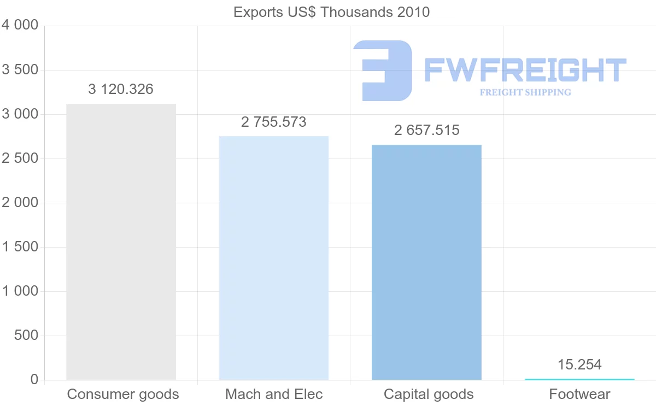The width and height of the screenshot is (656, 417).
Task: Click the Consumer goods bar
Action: [x=121, y=242]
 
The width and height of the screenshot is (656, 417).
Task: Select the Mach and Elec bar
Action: [x=273, y=258]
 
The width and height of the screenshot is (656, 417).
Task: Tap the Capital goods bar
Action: [x=426, y=262]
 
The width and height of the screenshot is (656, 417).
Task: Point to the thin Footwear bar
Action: [x=579, y=379]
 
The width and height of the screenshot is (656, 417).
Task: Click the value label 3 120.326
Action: [x=121, y=89]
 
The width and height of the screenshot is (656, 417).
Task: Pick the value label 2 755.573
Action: [x=274, y=122]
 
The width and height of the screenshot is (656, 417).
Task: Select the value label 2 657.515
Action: [x=427, y=131]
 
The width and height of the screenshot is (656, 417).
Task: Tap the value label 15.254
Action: [x=579, y=365]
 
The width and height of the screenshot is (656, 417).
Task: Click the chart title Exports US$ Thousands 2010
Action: [x=331, y=11]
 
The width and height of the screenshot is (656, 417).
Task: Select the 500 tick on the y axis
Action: [x=26, y=336]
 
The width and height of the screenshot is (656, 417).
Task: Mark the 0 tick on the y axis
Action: [x=34, y=380]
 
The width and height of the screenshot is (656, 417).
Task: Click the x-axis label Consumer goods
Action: [x=123, y=394]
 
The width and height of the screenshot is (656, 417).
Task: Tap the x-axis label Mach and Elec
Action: [x=274, y=394]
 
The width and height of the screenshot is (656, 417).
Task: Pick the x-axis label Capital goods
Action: [x=429, y=394]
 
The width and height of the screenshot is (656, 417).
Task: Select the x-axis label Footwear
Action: [x=579, y=394]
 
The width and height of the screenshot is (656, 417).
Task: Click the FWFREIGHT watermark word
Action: [x=525, y=70]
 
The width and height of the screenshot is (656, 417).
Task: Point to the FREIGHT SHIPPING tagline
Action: [x=525, y=92]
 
